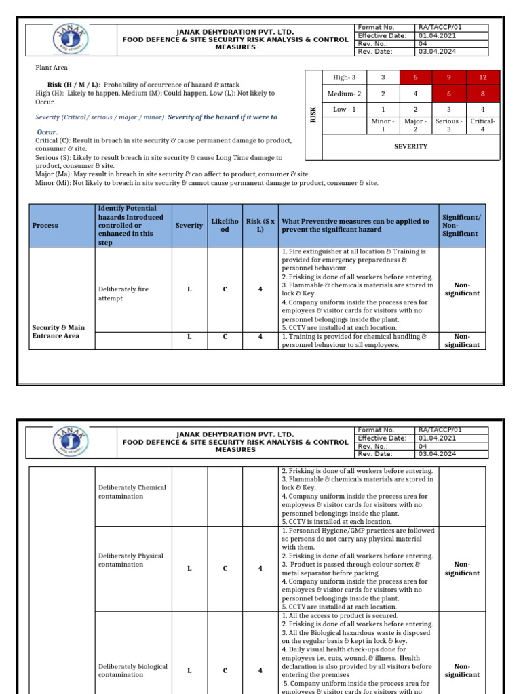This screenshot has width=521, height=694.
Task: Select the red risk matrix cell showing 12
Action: pyautogui.click(x=482, y=78)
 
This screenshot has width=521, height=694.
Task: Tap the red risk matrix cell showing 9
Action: pyautogui.click(x=448, y=78)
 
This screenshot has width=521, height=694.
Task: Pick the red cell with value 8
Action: pyautogui.click(x=482, y=94)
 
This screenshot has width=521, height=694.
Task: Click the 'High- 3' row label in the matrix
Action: pyautogui.click(x=346, y=78)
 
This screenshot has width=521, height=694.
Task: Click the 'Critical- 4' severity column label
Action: pyautogui.click(x=482, y=125)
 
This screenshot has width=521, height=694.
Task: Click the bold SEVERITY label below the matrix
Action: pyautogui.click(x=411, y=146)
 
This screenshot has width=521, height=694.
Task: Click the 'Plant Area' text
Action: pyautogui.click(x=52, y=68)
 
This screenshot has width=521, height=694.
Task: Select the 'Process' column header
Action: pyautogui.click(x=45, y=226)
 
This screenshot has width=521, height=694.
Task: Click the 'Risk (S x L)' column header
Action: pyautogui.click(x=260, y=226)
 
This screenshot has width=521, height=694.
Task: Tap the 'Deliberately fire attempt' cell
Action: pyautogui.click(x=123, y=293)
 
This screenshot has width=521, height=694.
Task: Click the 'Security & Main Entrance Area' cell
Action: pyautogui.click(x=59, y=331)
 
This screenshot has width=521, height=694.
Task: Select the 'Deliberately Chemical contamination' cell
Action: pyautogui.click(x=132, y=491)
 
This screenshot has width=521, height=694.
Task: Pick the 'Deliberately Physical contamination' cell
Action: pyautogui.click(x=130, y=560)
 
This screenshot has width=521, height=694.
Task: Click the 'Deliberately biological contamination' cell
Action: pyautogui.click(x=132, y=670)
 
